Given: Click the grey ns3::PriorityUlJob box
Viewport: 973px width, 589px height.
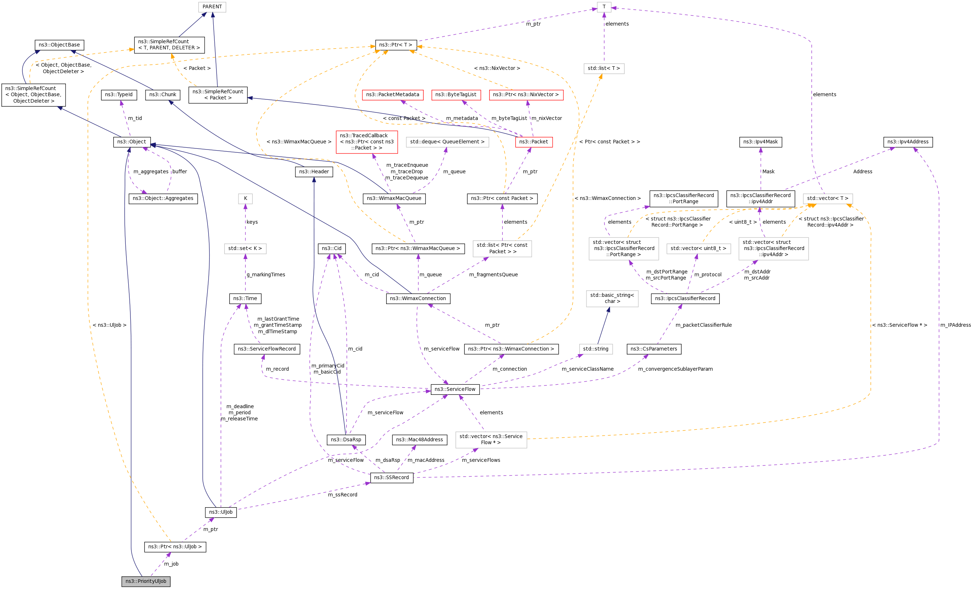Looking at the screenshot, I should point(146,581).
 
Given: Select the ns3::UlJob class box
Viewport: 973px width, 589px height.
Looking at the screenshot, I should point(221,512).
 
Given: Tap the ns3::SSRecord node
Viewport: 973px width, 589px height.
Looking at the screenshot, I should point(391,477).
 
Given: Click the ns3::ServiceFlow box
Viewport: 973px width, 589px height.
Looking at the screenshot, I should point(455,389).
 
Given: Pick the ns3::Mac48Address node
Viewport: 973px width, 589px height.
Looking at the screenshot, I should point(419,439).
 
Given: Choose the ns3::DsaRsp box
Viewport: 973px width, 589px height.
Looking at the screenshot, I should point(346,439).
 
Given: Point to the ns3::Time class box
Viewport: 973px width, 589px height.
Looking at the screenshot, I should point(245,298).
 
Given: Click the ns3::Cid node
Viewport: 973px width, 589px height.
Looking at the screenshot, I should point(331,248).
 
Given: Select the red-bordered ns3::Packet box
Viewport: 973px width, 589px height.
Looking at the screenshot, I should point(534,142).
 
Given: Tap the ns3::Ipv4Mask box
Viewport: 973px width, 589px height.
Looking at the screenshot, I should point(760,142).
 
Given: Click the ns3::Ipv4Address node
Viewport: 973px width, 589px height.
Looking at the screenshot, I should point(908,142).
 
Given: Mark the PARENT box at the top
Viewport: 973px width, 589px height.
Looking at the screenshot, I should point(212,7).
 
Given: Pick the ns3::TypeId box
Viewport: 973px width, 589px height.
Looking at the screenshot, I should point(119,95).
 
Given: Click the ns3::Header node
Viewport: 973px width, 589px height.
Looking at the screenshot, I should point(314,172).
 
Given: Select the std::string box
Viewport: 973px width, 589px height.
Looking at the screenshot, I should point(595,349).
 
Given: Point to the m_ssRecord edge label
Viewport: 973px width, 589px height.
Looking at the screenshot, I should point(342,495).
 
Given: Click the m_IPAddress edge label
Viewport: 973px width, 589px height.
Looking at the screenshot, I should point(955,325).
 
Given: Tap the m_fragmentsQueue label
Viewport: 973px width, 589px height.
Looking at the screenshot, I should point(493,275).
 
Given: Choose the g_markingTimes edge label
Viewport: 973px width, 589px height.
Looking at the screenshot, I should point(266,275).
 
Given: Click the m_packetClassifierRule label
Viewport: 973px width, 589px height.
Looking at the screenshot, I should point(703,325).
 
